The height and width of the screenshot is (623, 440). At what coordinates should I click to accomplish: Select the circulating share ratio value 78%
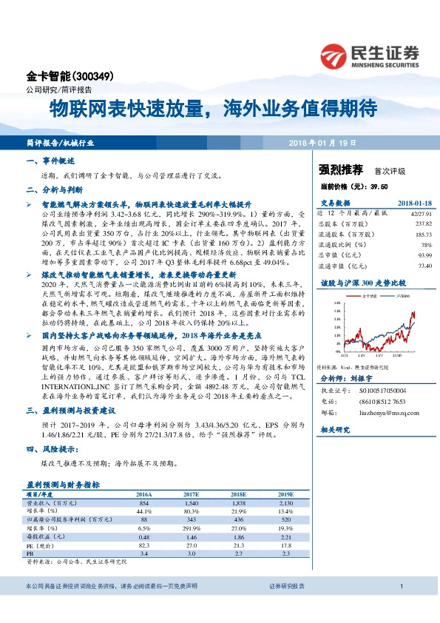click(x=425, y=243)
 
